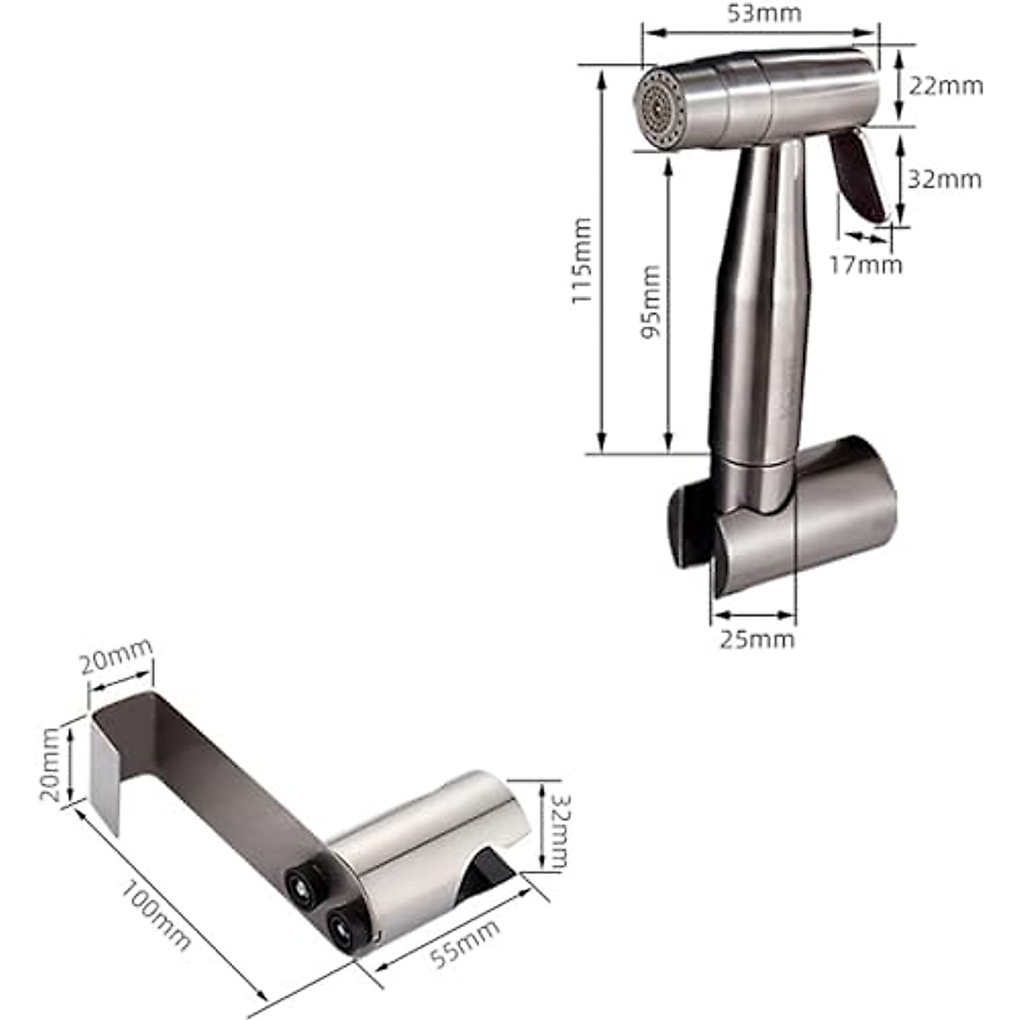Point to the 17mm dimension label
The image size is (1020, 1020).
pyautogui.click(x=865, y=264)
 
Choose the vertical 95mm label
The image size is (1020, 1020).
pyautogui.click(x=650, y=302)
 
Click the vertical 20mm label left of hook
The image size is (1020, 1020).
pyautogui.click(x=51, y=762)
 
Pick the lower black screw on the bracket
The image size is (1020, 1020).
pyautogui.click(x=343, y=925)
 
